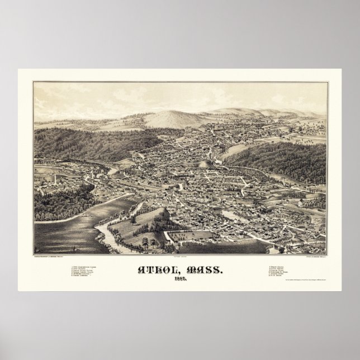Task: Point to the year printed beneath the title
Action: [180, 279]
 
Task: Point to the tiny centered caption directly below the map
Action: [180, 257]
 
